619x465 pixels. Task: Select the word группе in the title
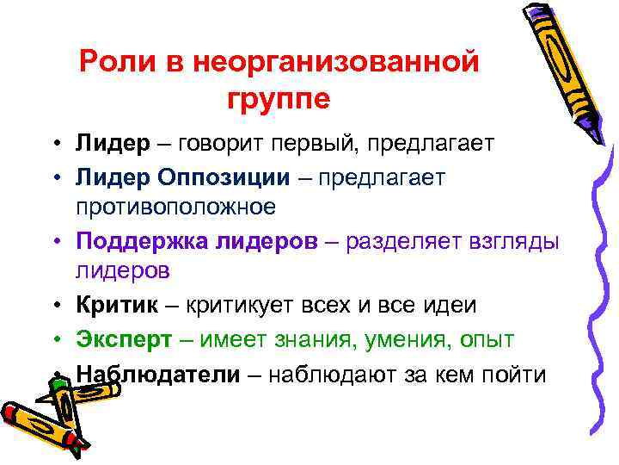(x=279, y=98)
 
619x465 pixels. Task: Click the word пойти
(x=514, y=374)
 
